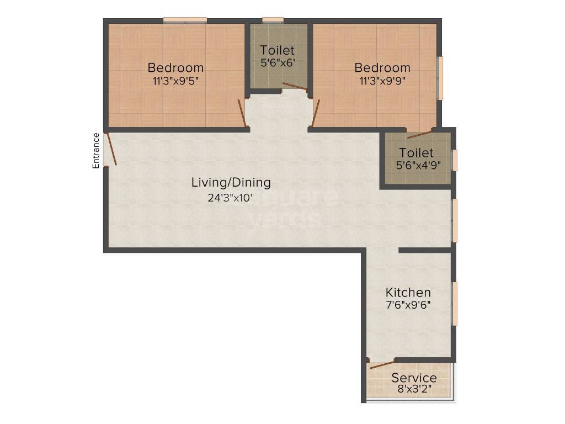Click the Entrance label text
click(x=96, y=151)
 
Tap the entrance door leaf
click(x=111, y=149)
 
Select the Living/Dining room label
click(x=231, y=182)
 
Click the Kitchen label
click(x=408, y=292)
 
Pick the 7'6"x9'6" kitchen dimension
click(x=408, y=304)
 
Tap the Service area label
click(x=414, y=378)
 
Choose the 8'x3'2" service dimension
click(x=414, y=389)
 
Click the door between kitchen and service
click(x=382, y=364)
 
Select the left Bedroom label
click(x=175, y=68)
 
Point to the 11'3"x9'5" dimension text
click(x=175, y=80)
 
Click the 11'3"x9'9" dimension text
click(x=382, y=80)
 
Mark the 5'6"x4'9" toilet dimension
click(x=416, y=165)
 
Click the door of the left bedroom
click(x=242, y=113)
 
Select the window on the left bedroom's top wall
click(x=185, y=20)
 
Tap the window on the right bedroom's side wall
click(x=440, y=78)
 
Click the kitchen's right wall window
click(x=455, y=304)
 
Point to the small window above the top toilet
click(x=273, y=20)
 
